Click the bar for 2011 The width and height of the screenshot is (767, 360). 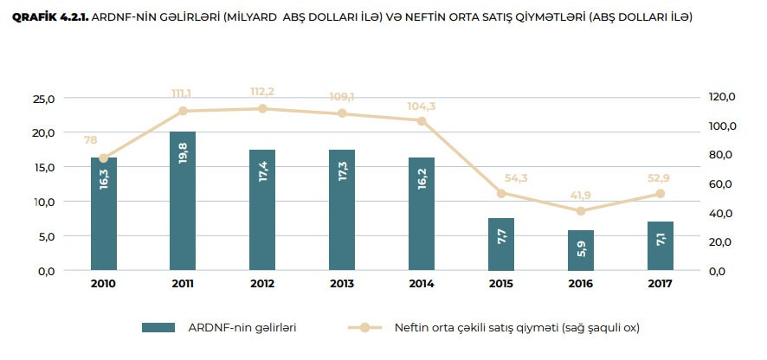pyautogui.click(x=183, y=201)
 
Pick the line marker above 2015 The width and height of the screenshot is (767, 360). pyautogui.click(x=501, y=193)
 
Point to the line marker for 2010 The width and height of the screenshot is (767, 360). pyautogui.click(x=104, y=158)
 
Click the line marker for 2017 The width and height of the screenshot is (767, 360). pyautogui.click(x=661, y=194)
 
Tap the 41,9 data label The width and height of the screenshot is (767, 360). pyautogui.click(x=580, y=196)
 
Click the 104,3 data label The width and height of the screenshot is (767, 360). pyautogui.click(x=422, y=106)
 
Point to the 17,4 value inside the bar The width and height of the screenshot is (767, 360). pyautogui.click(x=263, y=174)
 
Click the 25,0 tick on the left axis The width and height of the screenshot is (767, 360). pyautogui.click(x=43, y=98)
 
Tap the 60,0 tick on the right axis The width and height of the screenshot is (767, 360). pyautogui.click(x=723, y=183)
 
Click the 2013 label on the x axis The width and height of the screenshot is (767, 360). pyautogui.click(x=343, y=284)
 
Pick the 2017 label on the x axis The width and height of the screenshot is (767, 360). pyautogui.click(x=661, y=284)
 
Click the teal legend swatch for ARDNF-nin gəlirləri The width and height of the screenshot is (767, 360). pyautogui.click(x=159, y=327)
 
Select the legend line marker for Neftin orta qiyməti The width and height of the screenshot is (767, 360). pyautogui.click(x=364, y=327)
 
